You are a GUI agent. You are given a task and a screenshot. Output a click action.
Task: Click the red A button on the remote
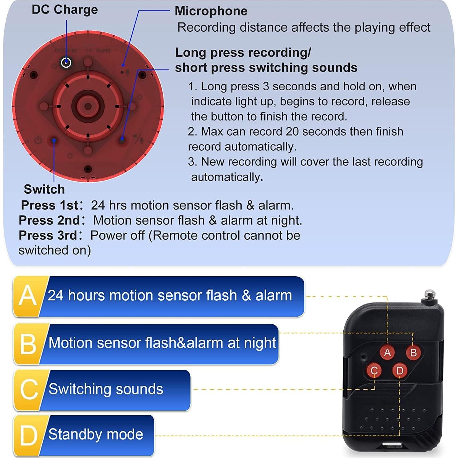point(387,352)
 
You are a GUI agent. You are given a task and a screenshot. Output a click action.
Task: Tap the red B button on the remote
point(413,352)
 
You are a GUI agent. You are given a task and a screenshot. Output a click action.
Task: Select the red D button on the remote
point(400,370)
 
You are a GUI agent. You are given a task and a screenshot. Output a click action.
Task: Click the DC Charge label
point(65,10)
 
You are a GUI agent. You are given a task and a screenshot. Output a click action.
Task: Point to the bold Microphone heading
point(211,11)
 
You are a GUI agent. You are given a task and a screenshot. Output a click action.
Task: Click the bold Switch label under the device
point(44,189)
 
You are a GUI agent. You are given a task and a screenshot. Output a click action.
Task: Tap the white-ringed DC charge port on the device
point(66,62)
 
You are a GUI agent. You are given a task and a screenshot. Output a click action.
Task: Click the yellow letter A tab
point(28,296)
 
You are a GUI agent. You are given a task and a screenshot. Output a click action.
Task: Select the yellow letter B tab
point(28,343)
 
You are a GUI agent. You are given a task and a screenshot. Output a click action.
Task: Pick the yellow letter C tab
point(28,389)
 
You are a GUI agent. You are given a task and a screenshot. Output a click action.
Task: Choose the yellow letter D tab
point(28,435)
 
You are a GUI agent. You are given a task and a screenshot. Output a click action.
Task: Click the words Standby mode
point(96,434)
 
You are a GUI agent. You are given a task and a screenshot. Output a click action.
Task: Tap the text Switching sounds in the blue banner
point(106,389)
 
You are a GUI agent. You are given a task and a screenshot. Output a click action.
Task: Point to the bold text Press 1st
point(50,205)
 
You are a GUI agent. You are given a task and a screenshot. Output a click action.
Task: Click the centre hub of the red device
point(88,106)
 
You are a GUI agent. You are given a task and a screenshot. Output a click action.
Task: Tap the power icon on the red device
point(38,140)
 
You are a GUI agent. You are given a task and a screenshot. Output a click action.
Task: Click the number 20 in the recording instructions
point(292,132)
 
